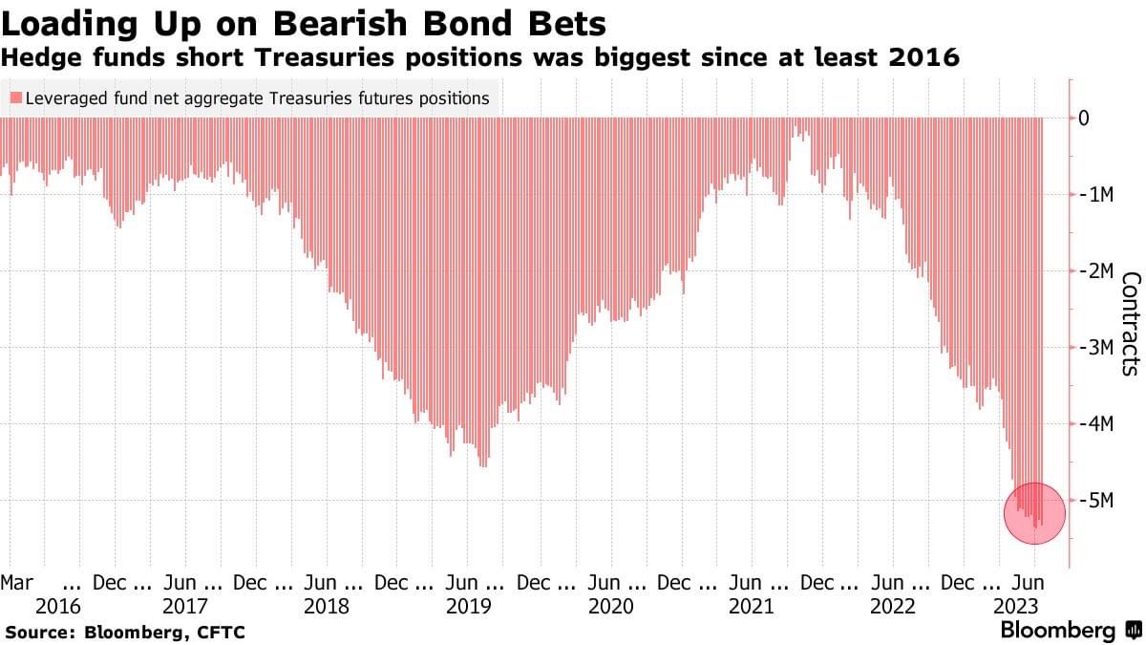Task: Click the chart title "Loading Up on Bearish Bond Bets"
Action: point(304,21)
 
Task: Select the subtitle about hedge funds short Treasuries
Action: point(479,57)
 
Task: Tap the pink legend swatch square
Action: point(15,98)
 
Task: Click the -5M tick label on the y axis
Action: point(1096,500)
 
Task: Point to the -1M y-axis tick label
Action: point(1096,195)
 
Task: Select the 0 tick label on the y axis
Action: point(1084,118)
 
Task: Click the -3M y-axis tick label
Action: point(1096,348)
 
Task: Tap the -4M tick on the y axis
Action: point(1096,424)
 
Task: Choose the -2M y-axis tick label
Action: point(1096,271)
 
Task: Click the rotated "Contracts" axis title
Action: point(1131,322)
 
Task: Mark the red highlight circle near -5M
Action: point(1034,513)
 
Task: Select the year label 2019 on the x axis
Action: point(468,607)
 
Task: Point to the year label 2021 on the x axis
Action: point(751,607)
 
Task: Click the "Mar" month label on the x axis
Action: point(17,582)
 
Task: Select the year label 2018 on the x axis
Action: point(328,607)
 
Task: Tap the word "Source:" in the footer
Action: point(41,633)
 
